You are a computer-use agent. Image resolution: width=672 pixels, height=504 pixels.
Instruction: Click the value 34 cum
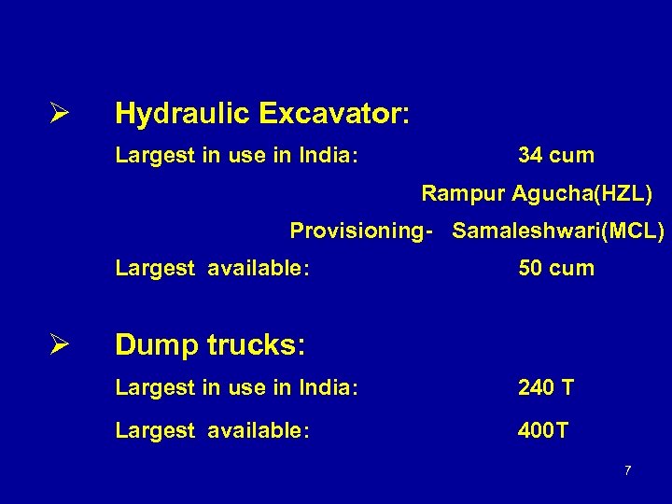pyautogui.click(x=556, y=155)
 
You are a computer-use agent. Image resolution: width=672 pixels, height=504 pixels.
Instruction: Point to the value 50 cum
pyautogui.click(x=556, y=269)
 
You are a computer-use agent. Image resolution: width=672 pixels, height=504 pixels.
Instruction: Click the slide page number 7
pyautogui.click(x=627, y=469)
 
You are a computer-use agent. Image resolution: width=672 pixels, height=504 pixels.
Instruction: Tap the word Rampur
pyautogui.click(x=463, y=194)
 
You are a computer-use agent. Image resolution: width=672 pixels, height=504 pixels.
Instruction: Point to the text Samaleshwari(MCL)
pyautogui.click(x=558, y=231)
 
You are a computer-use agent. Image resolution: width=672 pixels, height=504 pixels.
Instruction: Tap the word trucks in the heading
pyautogui.click(x=253, y=346)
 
